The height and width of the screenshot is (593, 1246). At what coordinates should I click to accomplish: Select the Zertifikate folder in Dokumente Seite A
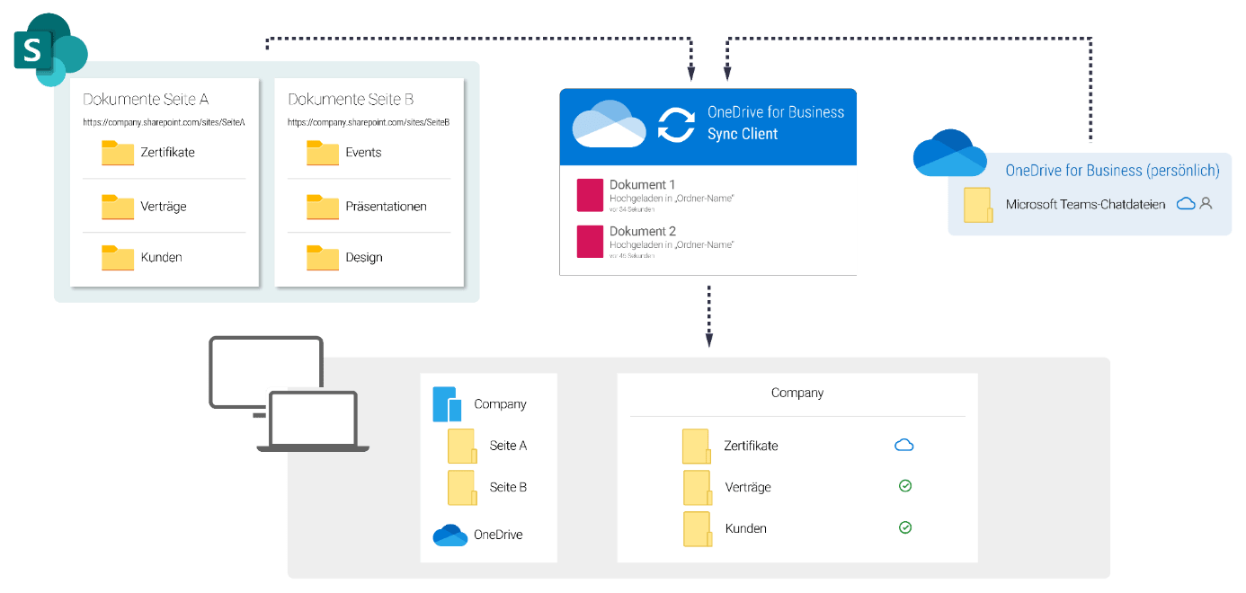117,153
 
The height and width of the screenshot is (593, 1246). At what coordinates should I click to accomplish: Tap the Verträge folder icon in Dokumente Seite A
117,207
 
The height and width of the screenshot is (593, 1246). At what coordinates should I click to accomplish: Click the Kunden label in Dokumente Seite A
162,258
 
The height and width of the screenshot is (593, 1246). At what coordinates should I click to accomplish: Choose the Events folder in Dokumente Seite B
322,153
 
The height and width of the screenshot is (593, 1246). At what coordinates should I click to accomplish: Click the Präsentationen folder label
386,207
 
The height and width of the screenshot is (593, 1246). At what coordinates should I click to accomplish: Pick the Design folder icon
322,258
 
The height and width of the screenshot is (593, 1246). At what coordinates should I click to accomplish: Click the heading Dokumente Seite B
351,100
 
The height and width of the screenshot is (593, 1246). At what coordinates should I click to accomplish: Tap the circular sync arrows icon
675,124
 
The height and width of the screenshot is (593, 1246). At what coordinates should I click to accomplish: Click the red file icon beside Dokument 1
590,195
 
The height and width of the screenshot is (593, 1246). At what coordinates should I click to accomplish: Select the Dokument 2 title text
642,232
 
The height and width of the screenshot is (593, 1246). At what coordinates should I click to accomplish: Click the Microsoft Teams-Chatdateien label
1085,205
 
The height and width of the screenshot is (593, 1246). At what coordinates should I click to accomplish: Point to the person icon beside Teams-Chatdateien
1206,204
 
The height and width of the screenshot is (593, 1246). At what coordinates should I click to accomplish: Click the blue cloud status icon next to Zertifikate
904,445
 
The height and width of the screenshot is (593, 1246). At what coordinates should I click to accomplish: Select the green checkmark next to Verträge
905,486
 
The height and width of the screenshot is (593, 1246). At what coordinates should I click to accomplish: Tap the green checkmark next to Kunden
905,527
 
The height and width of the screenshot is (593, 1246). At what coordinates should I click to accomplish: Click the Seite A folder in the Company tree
461,446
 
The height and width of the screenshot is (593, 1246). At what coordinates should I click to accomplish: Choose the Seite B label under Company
508,487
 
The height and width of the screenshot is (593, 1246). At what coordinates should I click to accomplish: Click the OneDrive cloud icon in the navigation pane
449,535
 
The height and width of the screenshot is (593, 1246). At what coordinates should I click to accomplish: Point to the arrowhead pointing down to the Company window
709,341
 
